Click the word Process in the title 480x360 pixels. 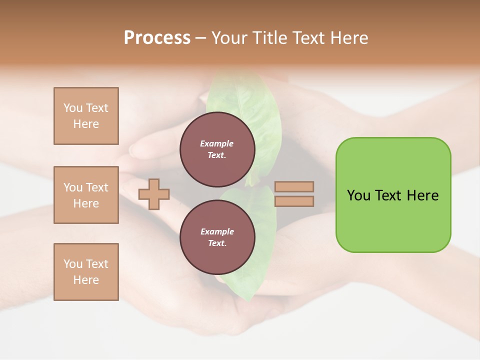click(157, 38)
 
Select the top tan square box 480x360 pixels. click(86, 116)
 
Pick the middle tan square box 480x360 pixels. click(86, 195)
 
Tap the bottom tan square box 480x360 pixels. click(86, 272)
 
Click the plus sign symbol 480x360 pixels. click(154, 194)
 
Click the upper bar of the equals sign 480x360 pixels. click(294, 187)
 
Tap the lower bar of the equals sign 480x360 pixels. click(294, 201)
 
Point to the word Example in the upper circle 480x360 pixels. click(217, 144)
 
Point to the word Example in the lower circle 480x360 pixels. click(217, 232)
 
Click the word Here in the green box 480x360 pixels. click(423, 195)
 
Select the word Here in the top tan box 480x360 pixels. click(86, 124)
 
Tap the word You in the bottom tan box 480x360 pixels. click(73, 264)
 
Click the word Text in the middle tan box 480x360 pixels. click(96, 187)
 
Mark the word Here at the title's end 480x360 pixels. click(348, 38)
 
